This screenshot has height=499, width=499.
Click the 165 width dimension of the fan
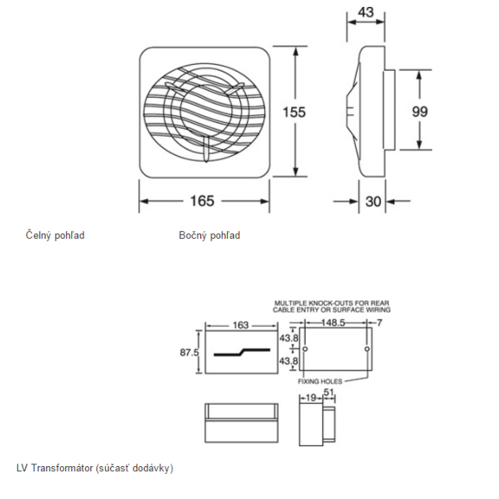pos(202,201)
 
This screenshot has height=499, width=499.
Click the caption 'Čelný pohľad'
pos(55,235)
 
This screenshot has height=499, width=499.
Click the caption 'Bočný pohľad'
pos(210,235)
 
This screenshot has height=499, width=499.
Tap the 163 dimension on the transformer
pos(241,326)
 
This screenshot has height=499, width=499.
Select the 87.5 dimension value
pos(191,353)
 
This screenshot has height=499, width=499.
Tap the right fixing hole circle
pos(367,349)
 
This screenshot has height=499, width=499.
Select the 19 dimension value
pos(311,399)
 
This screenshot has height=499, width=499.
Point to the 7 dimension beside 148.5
pos(379,321)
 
